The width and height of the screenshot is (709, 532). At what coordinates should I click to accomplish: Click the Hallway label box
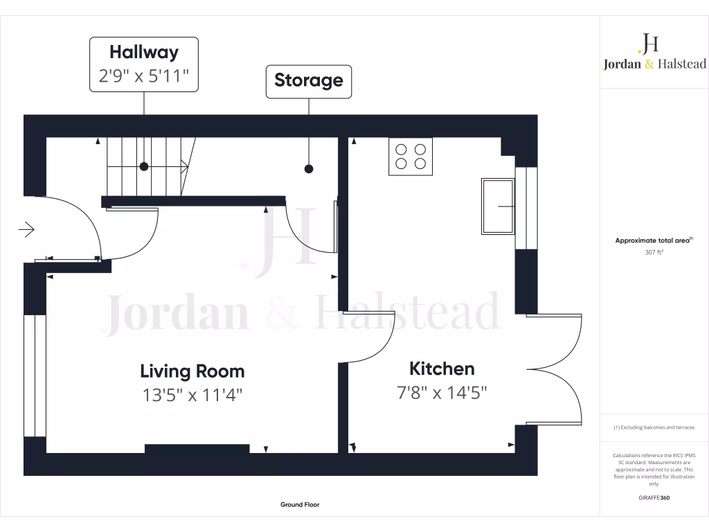144,64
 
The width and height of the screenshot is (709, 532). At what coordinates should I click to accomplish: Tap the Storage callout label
309,80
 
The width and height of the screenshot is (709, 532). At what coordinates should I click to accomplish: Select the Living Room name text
192,371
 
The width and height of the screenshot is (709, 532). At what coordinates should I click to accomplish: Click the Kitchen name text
442,369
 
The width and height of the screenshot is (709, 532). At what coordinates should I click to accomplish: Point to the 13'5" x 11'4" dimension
192,396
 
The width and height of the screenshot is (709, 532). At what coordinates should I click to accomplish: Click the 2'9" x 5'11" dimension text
144,76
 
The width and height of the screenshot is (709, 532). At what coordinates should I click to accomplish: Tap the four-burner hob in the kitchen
410,156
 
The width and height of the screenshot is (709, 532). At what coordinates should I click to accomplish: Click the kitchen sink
498,206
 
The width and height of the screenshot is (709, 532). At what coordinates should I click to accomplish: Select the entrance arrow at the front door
26,229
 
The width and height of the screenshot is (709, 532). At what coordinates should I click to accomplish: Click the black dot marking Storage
309,168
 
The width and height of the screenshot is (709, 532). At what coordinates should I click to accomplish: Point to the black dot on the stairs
144,166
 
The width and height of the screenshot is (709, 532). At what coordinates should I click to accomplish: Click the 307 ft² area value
654,253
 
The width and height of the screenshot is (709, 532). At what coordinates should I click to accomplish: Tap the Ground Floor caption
300,505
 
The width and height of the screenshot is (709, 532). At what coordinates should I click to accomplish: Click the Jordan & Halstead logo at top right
654,54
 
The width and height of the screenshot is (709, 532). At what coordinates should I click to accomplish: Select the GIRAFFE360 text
654,498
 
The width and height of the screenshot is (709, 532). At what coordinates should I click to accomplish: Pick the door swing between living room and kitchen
370,338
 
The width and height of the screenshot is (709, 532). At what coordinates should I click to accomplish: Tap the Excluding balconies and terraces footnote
654,427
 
